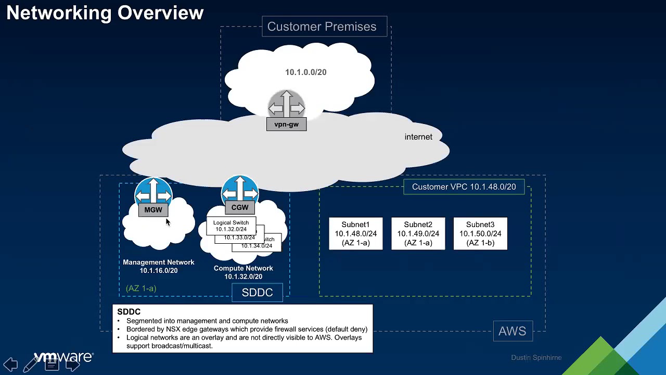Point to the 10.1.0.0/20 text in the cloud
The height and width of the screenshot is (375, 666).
(305, 72)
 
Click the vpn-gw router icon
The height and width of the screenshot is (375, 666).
(286, 107)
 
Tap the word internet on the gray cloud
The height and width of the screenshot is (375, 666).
(418, 137)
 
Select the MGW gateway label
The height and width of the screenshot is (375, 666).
(153, 209)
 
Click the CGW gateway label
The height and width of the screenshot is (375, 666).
(240, 207)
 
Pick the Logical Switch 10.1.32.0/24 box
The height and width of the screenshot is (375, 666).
(231, 226)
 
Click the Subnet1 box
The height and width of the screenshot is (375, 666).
(356, 233)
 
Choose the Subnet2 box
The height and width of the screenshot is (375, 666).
(418, 233)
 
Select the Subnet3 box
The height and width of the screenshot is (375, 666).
(480, 233)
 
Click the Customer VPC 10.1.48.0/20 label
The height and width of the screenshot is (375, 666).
(464, 186)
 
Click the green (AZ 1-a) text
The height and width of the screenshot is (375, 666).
(141, 288)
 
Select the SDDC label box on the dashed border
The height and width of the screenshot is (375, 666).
(258, 293)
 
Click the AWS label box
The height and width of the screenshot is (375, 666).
(513, 331)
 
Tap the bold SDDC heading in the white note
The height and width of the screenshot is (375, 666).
(129, 311)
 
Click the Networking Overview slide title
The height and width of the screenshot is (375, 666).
(105, 13)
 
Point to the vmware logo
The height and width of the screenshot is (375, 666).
(63, 357)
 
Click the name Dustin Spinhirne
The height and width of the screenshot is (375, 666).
(536, 358)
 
